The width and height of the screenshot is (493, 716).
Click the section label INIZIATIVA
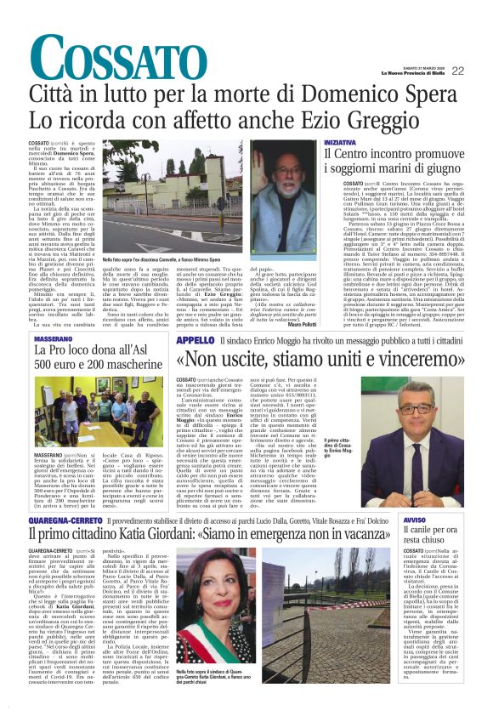[342, 142]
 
